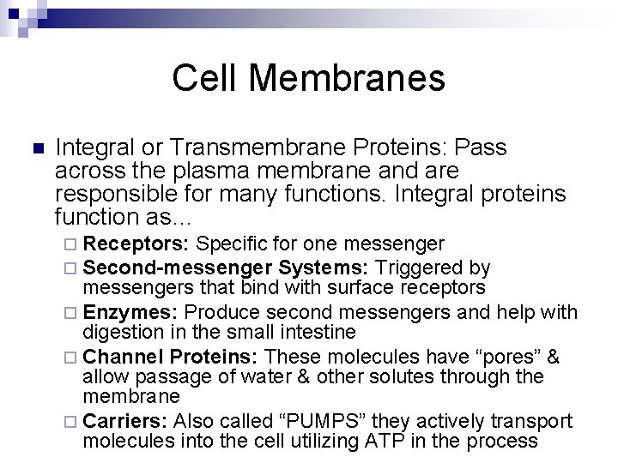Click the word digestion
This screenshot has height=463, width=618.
122,331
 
